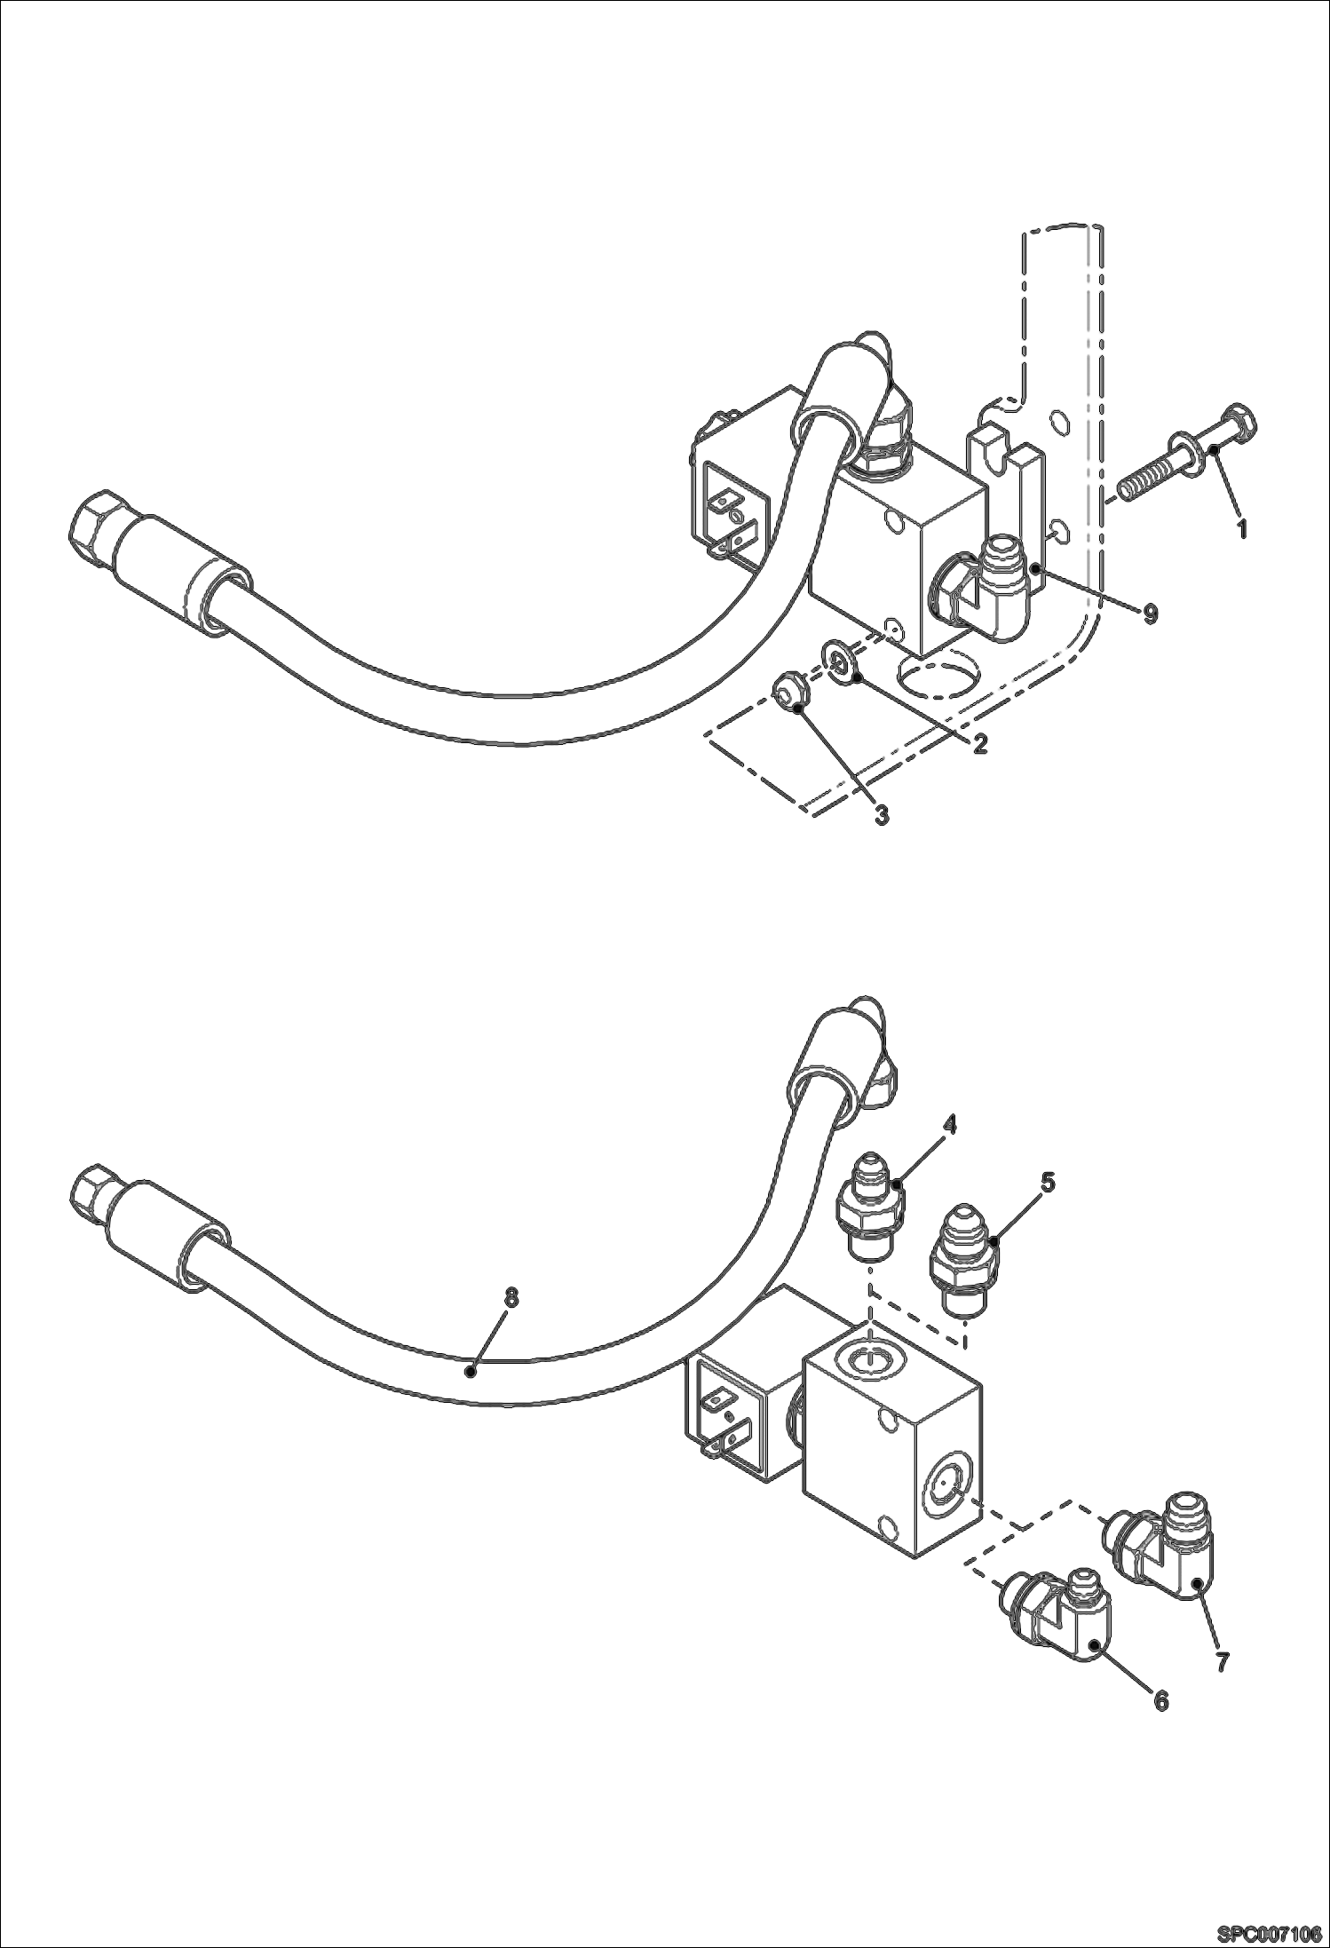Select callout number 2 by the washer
click(x=979, y=744)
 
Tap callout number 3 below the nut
click(x=881, y=815)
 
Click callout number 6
click(x=1161, y=1699)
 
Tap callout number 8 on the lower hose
click(x=510, y=1298)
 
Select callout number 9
click(x=1150, y=614)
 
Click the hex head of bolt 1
click(x=1234, y=424)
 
